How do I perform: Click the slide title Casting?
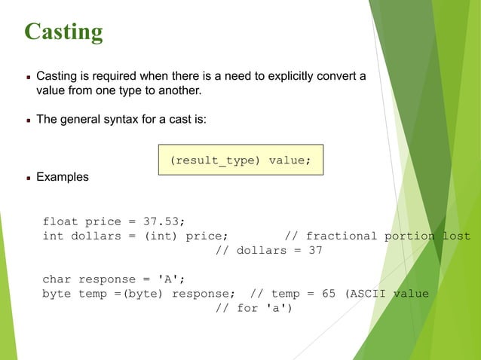tap(63, 32)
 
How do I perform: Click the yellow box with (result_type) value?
tap(240, 160)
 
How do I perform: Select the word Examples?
tap(63, 178)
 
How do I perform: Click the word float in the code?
tap(60, 221)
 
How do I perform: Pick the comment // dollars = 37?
tap(269, 250)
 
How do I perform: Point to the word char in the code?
tap(57, 279)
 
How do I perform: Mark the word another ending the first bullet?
tap(179, 91)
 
